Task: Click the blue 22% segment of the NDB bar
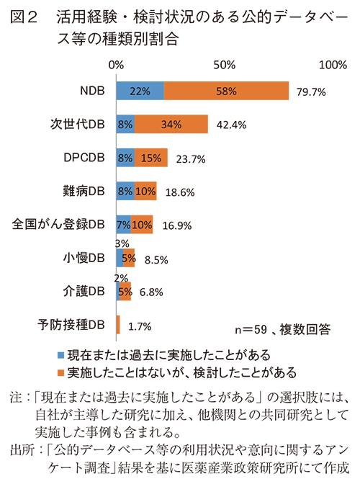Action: (x=140, y=91)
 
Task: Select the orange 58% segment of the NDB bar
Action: (x=226, y=91)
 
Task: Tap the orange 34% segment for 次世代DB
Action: (x=171, y=124)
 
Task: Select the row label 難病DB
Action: (x=84, y=191)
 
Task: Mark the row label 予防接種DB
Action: (x=75, y=324)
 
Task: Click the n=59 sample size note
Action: (x=251, y=330)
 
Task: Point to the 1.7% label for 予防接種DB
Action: (x=139, y=326)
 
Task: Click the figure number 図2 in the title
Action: (x=26, y=19)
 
